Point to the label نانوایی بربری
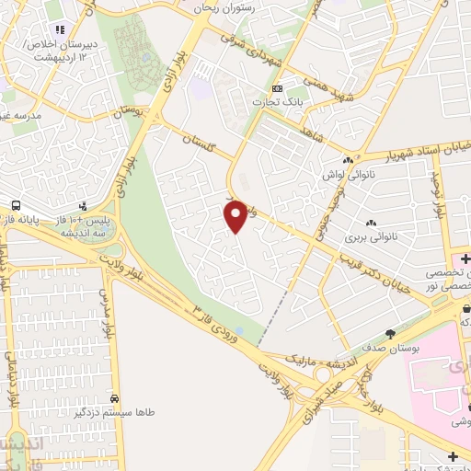coord(368,236)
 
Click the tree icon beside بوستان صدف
coord(391,334)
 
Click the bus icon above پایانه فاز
coord(16,204)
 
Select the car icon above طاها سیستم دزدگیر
coord(113,399)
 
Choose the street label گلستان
coord(207,147)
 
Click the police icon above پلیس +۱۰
coord(83,206)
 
